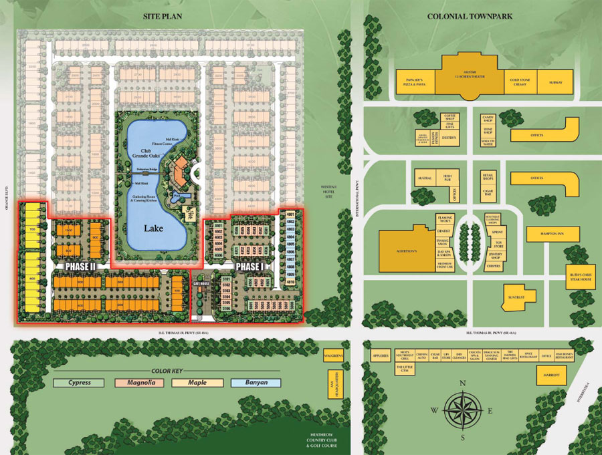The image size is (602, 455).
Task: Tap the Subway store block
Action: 557,82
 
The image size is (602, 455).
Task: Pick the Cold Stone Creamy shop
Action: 520,81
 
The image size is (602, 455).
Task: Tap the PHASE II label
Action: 81,266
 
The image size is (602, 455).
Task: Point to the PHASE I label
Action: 252,266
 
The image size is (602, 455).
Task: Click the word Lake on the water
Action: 153,228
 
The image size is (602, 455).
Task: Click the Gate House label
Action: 202,283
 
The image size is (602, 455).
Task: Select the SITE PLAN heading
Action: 162,16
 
